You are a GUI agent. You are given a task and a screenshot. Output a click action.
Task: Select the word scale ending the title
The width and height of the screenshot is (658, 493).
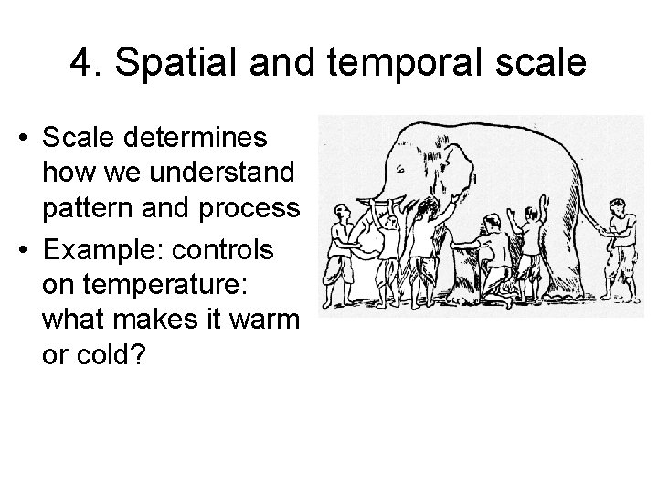coord(544,66)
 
